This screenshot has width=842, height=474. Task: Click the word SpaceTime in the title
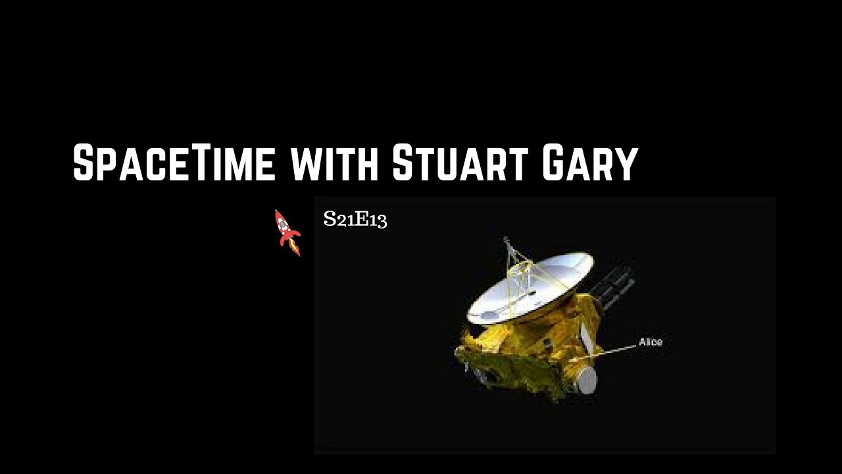[x=174, y=163]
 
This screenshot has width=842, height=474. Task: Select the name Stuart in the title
[x=459, y=163]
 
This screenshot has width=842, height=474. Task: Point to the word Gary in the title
[x=590, y=163]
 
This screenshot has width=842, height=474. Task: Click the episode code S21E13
[x=355, y=219]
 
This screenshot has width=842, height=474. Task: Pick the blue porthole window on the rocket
[x=283, y=226]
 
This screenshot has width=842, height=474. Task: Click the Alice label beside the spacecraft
[x=651, y=342]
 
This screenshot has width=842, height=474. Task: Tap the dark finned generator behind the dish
[x=616, y=280]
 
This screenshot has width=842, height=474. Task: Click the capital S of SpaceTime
[x=84, y=163]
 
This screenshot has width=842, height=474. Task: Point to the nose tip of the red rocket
[x=276, y=212]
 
